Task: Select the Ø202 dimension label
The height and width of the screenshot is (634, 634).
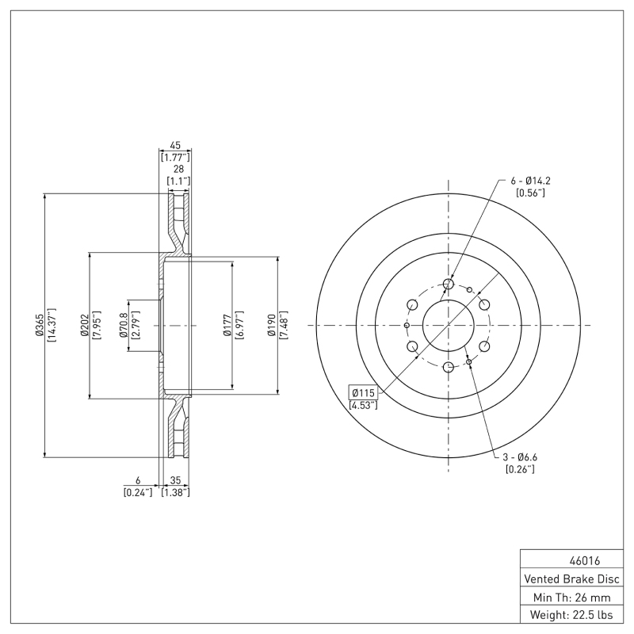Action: click(x=83, y=325)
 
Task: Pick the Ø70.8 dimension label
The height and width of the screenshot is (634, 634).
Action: click(x=123, y=325)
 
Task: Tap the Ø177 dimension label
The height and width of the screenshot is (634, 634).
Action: click(x=227, y=325)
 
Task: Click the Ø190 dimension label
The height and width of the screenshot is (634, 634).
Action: click(x=272, y=325)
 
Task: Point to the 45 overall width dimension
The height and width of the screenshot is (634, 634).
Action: click(x=175, y=146)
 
